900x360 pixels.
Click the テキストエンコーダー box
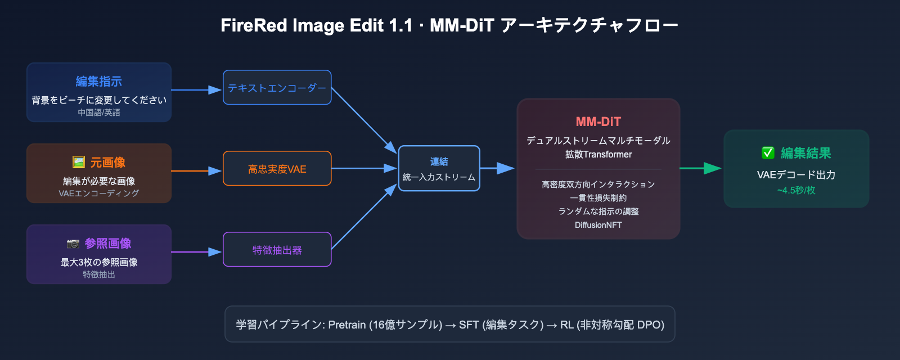click(277, 88)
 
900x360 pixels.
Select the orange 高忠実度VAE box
click(277, 169)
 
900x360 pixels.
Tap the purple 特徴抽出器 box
click(277, 250)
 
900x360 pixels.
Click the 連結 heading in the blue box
click(439, 162)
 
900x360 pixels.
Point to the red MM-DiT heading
click(598, 122)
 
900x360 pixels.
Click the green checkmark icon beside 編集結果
click(768, 153)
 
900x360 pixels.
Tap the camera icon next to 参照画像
click(73, 244)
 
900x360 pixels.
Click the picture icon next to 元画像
click(79, 163)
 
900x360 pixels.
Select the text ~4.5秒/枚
click(796, 190)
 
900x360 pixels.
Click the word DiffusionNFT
click(598, 225)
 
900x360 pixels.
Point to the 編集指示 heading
click(99, 82)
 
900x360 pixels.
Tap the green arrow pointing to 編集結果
click(701, 168)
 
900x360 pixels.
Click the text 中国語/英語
click(99, 112)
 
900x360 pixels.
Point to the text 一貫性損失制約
click(598, 198)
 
